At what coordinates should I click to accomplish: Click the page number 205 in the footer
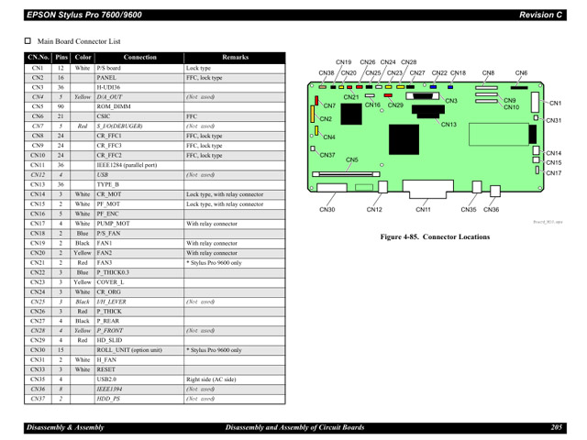[x=556, y=427]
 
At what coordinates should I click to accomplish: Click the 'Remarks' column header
[x=235, y=58]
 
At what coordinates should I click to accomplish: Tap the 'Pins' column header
[x=61, y=58]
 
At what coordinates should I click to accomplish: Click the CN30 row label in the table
[x=38, y=349]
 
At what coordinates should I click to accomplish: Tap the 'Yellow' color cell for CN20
[x=83, y=253]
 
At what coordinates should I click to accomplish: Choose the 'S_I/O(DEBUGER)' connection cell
[x=118, y=126]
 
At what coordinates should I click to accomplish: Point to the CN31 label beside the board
[x=553, y=121]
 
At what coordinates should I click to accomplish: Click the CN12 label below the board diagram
[x=374, y=210]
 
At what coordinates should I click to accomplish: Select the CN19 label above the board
[x=344, y=62]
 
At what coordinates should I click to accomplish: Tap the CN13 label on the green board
[x=449, y=125]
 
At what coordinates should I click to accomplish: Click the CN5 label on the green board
[x=351, y=159]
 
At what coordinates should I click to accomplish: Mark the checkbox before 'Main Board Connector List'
[x=28, y=41]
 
